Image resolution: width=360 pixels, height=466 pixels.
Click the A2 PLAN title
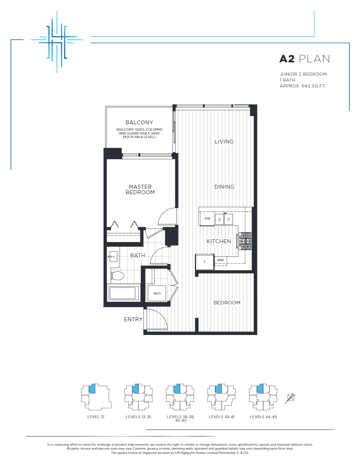[x=304, y=59]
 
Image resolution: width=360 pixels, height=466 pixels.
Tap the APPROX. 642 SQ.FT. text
[x=302, y=86]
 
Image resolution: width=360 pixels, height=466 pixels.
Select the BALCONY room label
[x=139, y=122]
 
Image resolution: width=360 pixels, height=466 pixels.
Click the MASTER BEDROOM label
[x=140, y=189]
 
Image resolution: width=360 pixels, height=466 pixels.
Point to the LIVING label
[x=224, y=142]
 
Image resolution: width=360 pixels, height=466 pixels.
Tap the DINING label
[x=224, y=187]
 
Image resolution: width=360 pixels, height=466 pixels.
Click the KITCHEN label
[x=219, y=241]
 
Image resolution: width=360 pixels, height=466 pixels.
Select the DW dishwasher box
[x=207, y=218]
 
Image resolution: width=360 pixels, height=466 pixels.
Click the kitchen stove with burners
[x=245, y=241]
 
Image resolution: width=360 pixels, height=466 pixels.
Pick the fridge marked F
[x=205, y=262]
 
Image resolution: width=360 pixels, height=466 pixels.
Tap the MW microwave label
[x=220, y=260]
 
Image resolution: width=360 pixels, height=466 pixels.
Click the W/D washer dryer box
[x=157, y=293]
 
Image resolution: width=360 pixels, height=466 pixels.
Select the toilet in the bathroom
[x=117, y=276]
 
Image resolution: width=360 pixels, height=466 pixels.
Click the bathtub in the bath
[x=124, y=293]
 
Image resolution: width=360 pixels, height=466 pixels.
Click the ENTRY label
[x=133, y=319]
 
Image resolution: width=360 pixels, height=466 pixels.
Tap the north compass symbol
[x=291, y=397]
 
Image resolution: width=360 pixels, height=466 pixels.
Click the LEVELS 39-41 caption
[x=222, y=417]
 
